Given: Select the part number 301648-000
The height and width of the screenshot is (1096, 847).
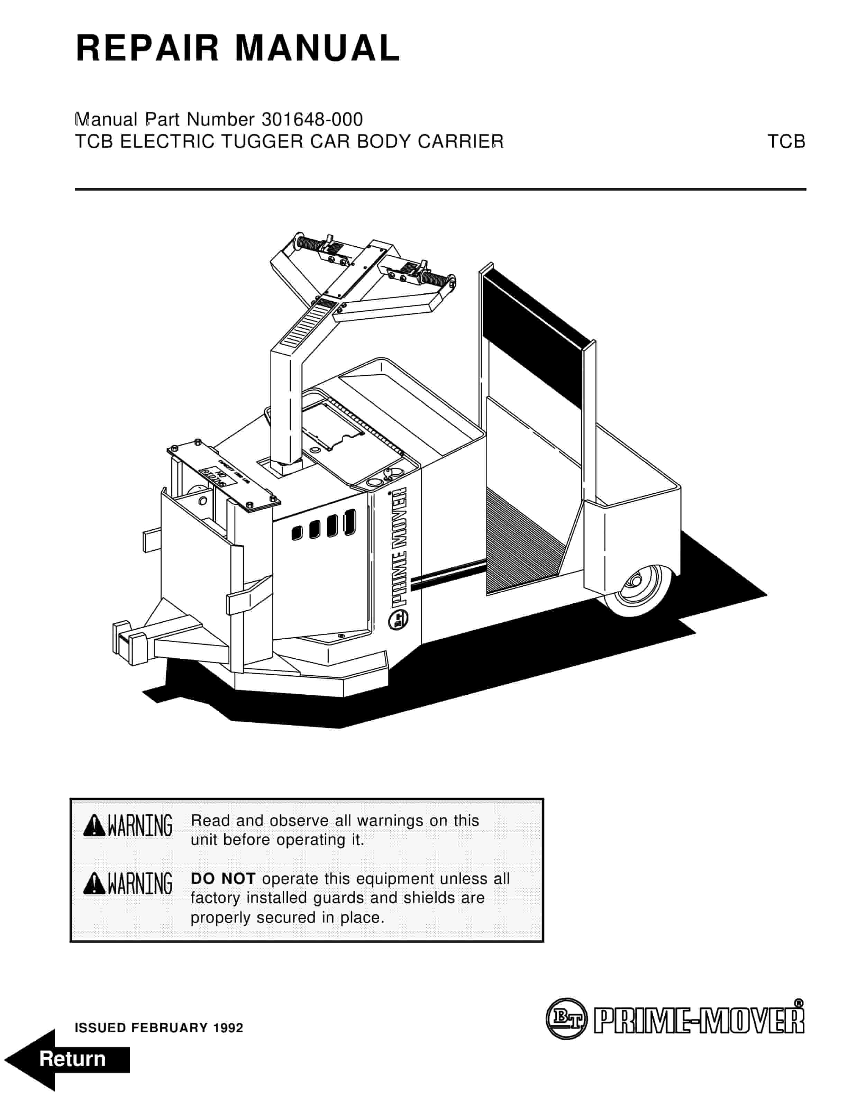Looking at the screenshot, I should coord(312,119).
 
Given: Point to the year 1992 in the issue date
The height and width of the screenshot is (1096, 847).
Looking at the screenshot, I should coord(228,1028).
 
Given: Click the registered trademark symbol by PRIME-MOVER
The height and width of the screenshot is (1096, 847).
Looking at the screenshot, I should coord(799,1003).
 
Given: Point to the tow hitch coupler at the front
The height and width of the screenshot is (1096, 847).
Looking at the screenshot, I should coord(129,643).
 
